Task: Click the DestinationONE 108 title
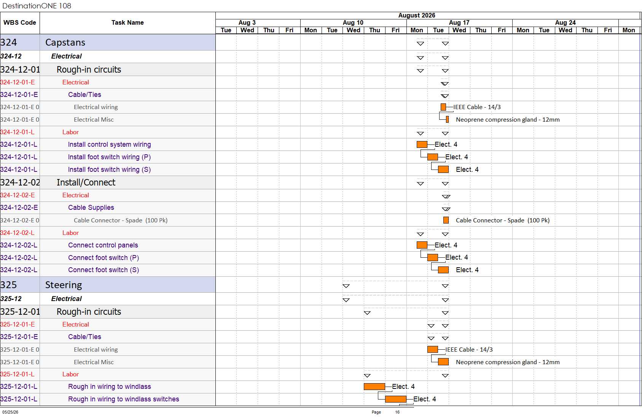[x=37, y=6]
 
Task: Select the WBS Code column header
[x=20, y=22]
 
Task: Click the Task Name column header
[x=127, y=22]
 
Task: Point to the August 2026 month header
[x=416, y=16]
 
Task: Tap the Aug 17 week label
[x=459, y=22]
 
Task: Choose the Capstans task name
[x=65, y=42]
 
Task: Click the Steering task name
[x=64, y=285]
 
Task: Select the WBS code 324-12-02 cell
[x=20, y=182]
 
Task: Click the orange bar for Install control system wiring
[x=422, y=144]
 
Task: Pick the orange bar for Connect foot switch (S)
[x=443, y=270]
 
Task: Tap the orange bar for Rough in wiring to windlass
[x=374, y=387]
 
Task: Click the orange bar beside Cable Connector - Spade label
[x=446, y=220]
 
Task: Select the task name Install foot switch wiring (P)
[x=109, y=157]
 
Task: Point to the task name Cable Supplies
[x=91, y=208]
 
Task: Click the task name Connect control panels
[x=103, y=245]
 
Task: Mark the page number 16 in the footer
[x=397, y=412]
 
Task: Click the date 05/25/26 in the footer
[x=10, y=412]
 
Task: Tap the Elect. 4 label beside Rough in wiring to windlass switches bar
[x=424, y=399]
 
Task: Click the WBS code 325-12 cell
[x=11, y=299]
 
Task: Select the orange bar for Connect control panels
[x=422, y=245]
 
